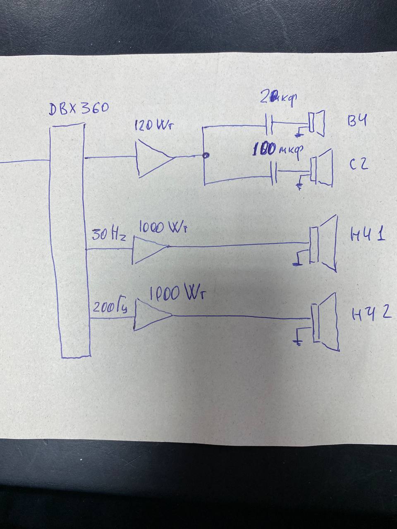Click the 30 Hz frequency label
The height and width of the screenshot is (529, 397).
click(x=108, y=236)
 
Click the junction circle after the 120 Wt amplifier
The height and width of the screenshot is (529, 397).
click(x=205, y=156)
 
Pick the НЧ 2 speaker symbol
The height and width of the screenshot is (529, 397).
click(x=327, y=322)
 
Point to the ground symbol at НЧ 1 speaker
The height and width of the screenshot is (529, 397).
click(x=297, y=261)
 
